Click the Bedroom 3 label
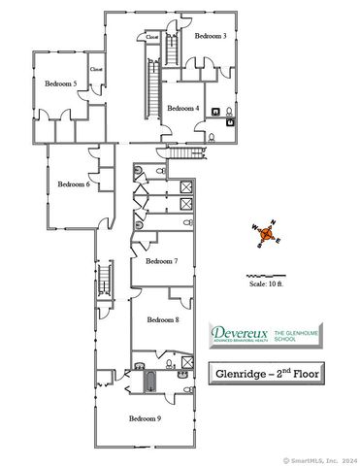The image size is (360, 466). [x=210, y=36]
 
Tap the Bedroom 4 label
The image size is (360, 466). [x=182, y=109]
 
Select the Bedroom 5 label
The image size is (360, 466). [x=60, y=84]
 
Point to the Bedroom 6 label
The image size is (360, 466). [x=74, y=183]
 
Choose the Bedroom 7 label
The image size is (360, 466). [x=162, y=261]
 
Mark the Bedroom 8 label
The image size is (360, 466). [x=163, y=319]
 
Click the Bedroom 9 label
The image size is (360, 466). [x=146, y=418]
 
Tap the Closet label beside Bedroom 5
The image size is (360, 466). [x=96, y=69]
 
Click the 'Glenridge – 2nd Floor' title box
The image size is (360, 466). [x=266, y=372]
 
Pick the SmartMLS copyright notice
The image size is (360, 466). [x=319, y=460]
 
